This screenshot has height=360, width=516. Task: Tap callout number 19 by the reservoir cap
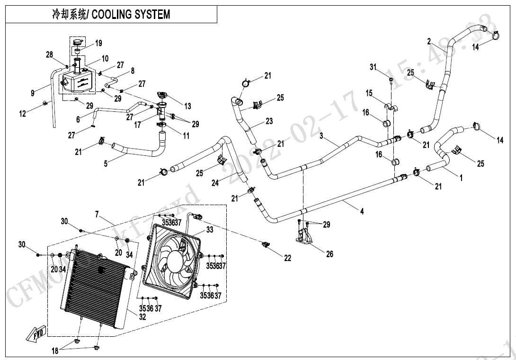point(98,44)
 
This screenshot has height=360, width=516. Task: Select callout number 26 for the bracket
point(329,254)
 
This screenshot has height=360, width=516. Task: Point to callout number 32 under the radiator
point(142,318)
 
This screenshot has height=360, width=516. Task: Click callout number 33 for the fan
point(209,229)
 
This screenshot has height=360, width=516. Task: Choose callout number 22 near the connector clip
point(288,258)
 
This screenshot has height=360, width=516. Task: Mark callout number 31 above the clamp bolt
point(373,67)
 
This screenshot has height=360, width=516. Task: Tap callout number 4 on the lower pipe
point(362,212)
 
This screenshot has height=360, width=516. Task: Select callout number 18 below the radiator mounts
point(55,351)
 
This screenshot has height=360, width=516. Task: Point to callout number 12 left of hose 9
point(22,113)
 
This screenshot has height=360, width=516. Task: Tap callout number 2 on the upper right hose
point(429,42)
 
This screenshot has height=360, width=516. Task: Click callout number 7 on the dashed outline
point(97,215)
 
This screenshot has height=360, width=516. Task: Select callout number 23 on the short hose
point(269,121)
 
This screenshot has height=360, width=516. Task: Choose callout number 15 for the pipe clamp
point(369,94)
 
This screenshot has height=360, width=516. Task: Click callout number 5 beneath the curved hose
point(106,164)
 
